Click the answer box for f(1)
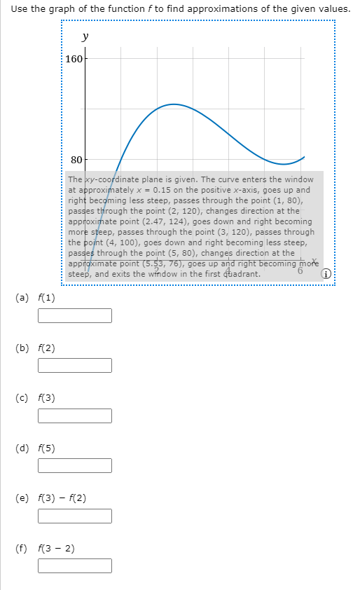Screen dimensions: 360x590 75,316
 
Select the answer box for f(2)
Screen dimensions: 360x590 75,366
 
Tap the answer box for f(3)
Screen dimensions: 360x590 75,416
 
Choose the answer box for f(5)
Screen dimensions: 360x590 75,466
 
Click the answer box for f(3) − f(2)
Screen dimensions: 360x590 75,516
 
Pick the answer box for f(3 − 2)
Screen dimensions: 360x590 75,565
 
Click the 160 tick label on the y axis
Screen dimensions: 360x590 73,58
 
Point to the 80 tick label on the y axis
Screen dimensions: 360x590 76,160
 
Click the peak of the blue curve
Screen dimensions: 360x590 172,104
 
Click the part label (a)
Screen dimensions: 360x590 22,298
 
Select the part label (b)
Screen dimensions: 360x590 22,348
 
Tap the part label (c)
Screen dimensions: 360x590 22,398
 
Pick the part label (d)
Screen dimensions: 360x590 22,448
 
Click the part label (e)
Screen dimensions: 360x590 22,498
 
